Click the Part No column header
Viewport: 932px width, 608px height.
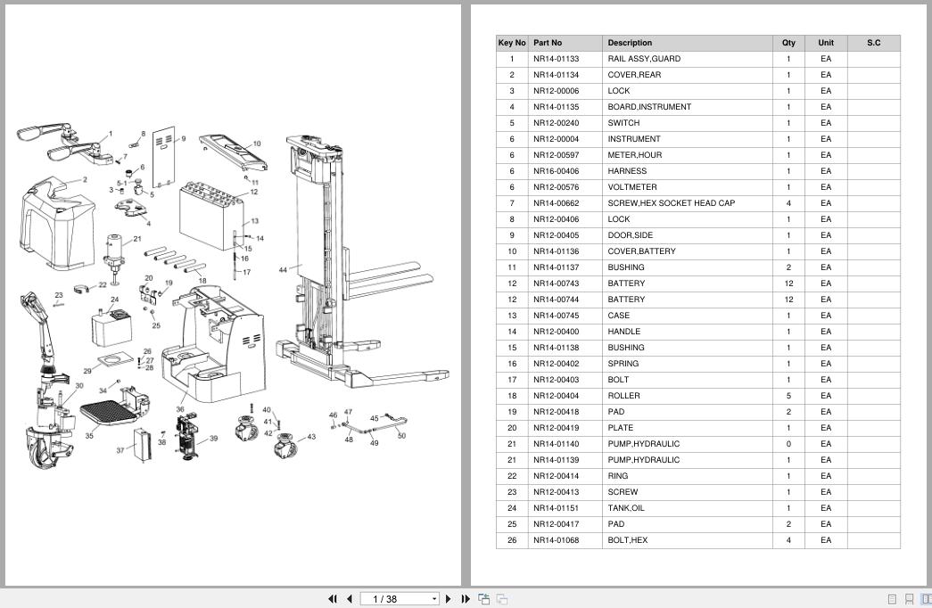[x=548, y=43]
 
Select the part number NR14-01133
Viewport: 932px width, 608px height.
[x=556, y=59]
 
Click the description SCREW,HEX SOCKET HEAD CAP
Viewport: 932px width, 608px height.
[x=671, y=203]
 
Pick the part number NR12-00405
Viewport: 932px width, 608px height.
[x=556, y=235]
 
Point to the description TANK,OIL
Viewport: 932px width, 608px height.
[x=626, y=508]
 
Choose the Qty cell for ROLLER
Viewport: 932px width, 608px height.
[x=788, y=396]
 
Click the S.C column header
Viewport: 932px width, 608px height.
[x=874, y=43]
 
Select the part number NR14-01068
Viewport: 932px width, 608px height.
[x=556, y=540]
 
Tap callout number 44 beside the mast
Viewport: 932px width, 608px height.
[x=283, y=270]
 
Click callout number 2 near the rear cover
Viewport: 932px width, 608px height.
[x=85, y=179]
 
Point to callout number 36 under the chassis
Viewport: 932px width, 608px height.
[x=180, y=409]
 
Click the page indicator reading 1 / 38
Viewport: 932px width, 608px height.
[x=384, y=599]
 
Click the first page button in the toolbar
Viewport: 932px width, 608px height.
[x=333, y=599]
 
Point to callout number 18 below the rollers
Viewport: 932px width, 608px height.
[x=202, y=281]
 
